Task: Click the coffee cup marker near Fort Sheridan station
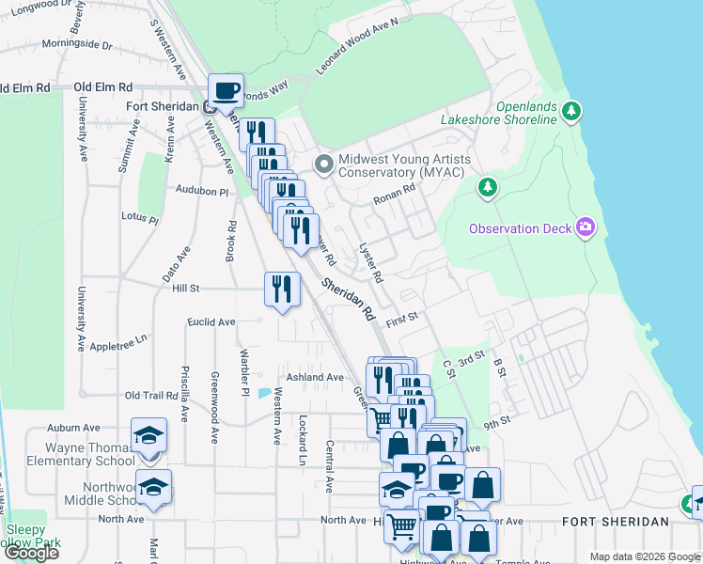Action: tap(226, 91)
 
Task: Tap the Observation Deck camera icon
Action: tap(586, 227)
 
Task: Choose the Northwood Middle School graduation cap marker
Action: tap(153, 487)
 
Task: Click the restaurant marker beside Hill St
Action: tap(282, 288)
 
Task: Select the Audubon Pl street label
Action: tap(202, 190)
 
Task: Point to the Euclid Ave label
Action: tap(211, 321)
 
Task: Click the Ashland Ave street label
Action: tap(315, 377)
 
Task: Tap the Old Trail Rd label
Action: tap(151, 396)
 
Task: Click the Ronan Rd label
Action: tap(394, 195)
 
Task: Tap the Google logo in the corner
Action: tap(31, 552)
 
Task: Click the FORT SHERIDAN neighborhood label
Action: tap(616, 522)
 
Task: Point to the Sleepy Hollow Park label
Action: tap(33, 536)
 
